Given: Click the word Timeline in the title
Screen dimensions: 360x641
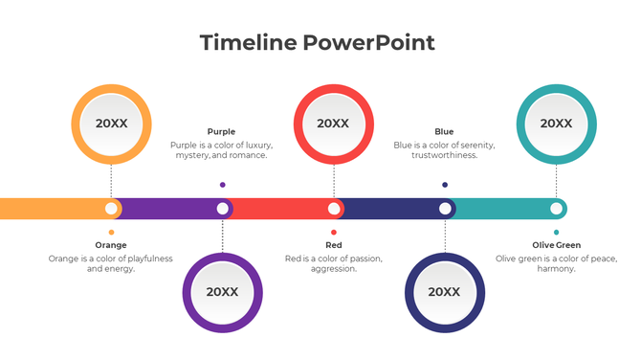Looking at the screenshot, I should [x=249, y=42].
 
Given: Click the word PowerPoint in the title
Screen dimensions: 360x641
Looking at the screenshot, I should [x=369, y=42].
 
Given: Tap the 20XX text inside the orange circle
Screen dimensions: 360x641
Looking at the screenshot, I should [x=111, y=124].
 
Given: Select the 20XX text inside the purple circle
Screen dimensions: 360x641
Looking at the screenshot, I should [x=222, y=292].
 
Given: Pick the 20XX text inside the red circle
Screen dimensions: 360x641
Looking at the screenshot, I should [x=333, y=124].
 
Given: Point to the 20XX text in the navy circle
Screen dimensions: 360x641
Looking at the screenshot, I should [x=444, y=292].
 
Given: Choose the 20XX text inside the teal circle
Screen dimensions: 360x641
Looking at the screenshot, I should [x=556, y=124].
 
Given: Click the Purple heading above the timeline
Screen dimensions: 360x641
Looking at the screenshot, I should [x=221, y=132].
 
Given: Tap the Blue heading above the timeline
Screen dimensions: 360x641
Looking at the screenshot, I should [x=444, y=132].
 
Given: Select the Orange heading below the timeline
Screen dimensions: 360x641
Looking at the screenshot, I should [x=111, y=245].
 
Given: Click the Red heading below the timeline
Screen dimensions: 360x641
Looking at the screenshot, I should [x=333, y=245].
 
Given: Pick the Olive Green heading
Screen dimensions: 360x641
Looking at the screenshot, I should [x=556, y=245].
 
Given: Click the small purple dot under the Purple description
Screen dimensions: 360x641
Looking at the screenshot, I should [x=222, y=185].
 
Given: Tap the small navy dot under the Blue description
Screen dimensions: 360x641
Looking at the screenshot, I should [x=444, y=185].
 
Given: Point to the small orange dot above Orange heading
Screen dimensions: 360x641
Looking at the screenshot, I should [x=111, y=232].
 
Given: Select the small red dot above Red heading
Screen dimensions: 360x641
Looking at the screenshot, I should [x=333, y=232].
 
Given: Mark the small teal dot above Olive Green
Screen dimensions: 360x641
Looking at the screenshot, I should [x=556, y=232].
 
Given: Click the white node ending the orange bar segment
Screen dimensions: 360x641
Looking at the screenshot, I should [x=111, y=208].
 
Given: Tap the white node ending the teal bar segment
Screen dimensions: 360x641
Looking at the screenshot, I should [x=556, y=208].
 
